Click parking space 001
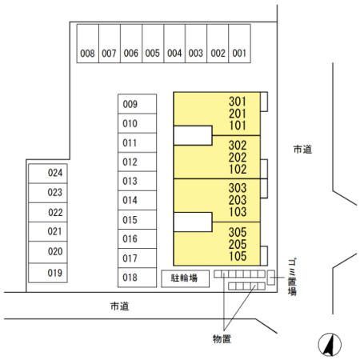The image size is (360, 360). (239, 44)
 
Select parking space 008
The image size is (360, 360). (88, 44)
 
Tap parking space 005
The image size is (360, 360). (153, 44)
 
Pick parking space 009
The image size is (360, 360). (137, 104)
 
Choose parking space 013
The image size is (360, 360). (137, 181)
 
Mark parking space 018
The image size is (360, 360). (137, 278)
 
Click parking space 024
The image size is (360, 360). (48, 174)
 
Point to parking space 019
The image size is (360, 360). (48, 273)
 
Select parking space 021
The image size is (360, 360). (48, 231)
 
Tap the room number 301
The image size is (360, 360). (238, 102)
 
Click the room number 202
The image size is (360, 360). (238, 158)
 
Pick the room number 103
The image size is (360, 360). (238, 212)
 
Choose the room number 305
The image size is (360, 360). (238, 232)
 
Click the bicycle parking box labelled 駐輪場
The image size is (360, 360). (185, 278)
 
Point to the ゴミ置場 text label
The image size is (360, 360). (292, 277)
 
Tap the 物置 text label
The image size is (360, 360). (222, 339)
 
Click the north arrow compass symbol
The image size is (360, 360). (330, 345)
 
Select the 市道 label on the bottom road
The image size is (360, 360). (119, 306)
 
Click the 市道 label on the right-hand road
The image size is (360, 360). (302, 150)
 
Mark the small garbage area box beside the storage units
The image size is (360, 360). (271, 278)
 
